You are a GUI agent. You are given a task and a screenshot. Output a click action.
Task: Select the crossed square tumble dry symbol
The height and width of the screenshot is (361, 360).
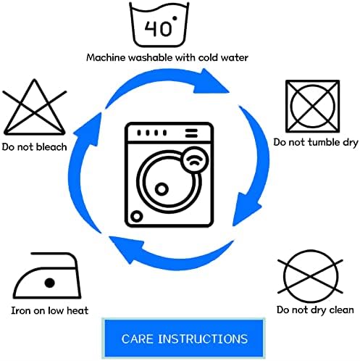[312, 107]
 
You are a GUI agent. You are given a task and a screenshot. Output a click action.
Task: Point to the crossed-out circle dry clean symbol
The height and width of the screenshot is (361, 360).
[310, 276]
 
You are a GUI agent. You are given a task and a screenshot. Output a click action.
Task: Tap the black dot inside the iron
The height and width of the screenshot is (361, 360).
[50, 283]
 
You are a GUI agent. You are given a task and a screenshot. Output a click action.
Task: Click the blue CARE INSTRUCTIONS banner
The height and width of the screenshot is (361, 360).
[184, 338]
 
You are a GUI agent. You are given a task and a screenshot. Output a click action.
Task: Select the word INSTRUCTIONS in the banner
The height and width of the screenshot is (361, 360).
[203, 339]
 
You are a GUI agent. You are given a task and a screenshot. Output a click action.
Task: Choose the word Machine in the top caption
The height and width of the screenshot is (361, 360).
[106, 57]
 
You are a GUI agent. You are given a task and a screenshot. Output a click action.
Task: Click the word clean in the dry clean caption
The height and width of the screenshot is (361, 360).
[341, 310]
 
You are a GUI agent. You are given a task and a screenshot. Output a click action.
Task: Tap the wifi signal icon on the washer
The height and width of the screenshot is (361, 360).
[195, 160]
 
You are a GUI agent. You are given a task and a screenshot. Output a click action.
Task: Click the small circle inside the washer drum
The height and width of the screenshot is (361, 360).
[162, 189]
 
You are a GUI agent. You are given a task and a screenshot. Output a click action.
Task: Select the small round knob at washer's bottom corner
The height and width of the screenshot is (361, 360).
[136, 216]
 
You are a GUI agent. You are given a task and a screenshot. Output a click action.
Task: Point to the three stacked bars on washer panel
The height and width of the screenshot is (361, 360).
[191, 133]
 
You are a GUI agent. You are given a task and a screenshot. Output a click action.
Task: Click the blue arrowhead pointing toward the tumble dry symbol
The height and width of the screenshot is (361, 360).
[211, 81]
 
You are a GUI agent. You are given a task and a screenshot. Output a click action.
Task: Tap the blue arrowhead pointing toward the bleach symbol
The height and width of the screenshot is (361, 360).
[88, 129]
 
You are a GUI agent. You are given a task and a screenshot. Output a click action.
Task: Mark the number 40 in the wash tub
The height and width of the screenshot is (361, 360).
[157, 28]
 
